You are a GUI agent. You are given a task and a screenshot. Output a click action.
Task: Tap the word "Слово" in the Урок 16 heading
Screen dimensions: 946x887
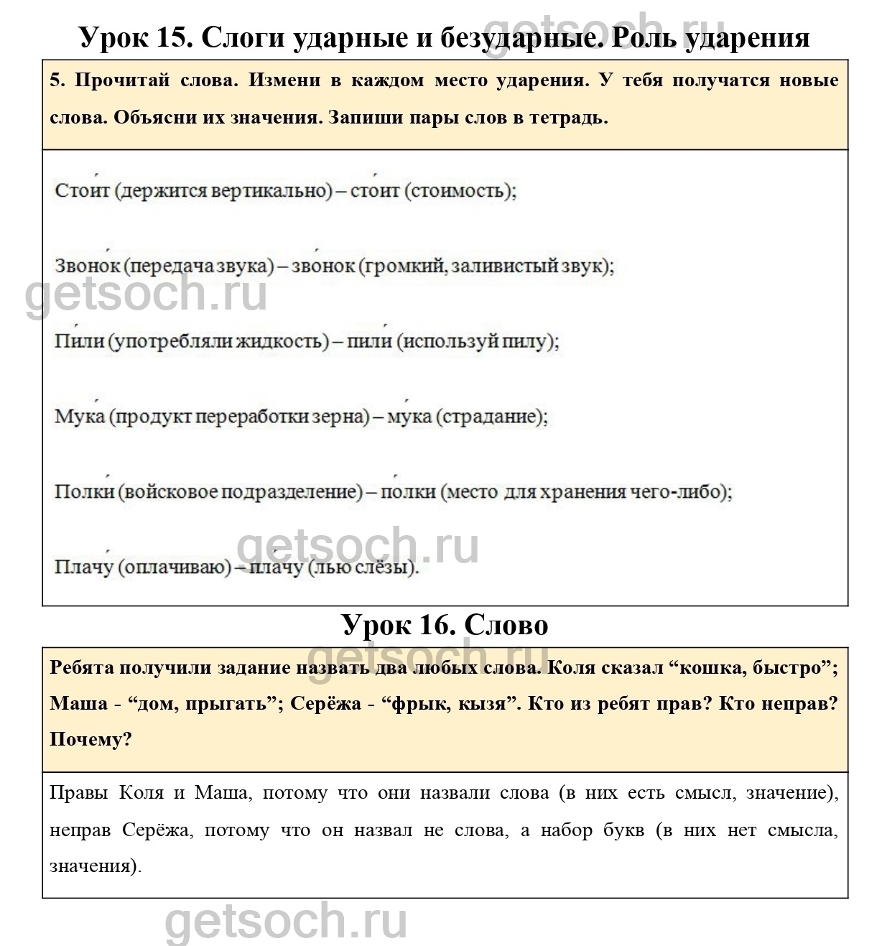506,624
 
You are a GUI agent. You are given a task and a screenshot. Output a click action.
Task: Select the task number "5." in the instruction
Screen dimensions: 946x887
57,80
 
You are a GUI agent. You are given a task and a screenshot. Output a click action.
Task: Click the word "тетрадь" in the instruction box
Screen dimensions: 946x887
567,118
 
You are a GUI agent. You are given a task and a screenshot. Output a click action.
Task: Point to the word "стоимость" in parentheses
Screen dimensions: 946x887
460,191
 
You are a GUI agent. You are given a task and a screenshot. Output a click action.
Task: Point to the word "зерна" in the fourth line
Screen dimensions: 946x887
338,417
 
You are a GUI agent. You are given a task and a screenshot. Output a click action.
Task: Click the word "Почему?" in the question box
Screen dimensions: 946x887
91,739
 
